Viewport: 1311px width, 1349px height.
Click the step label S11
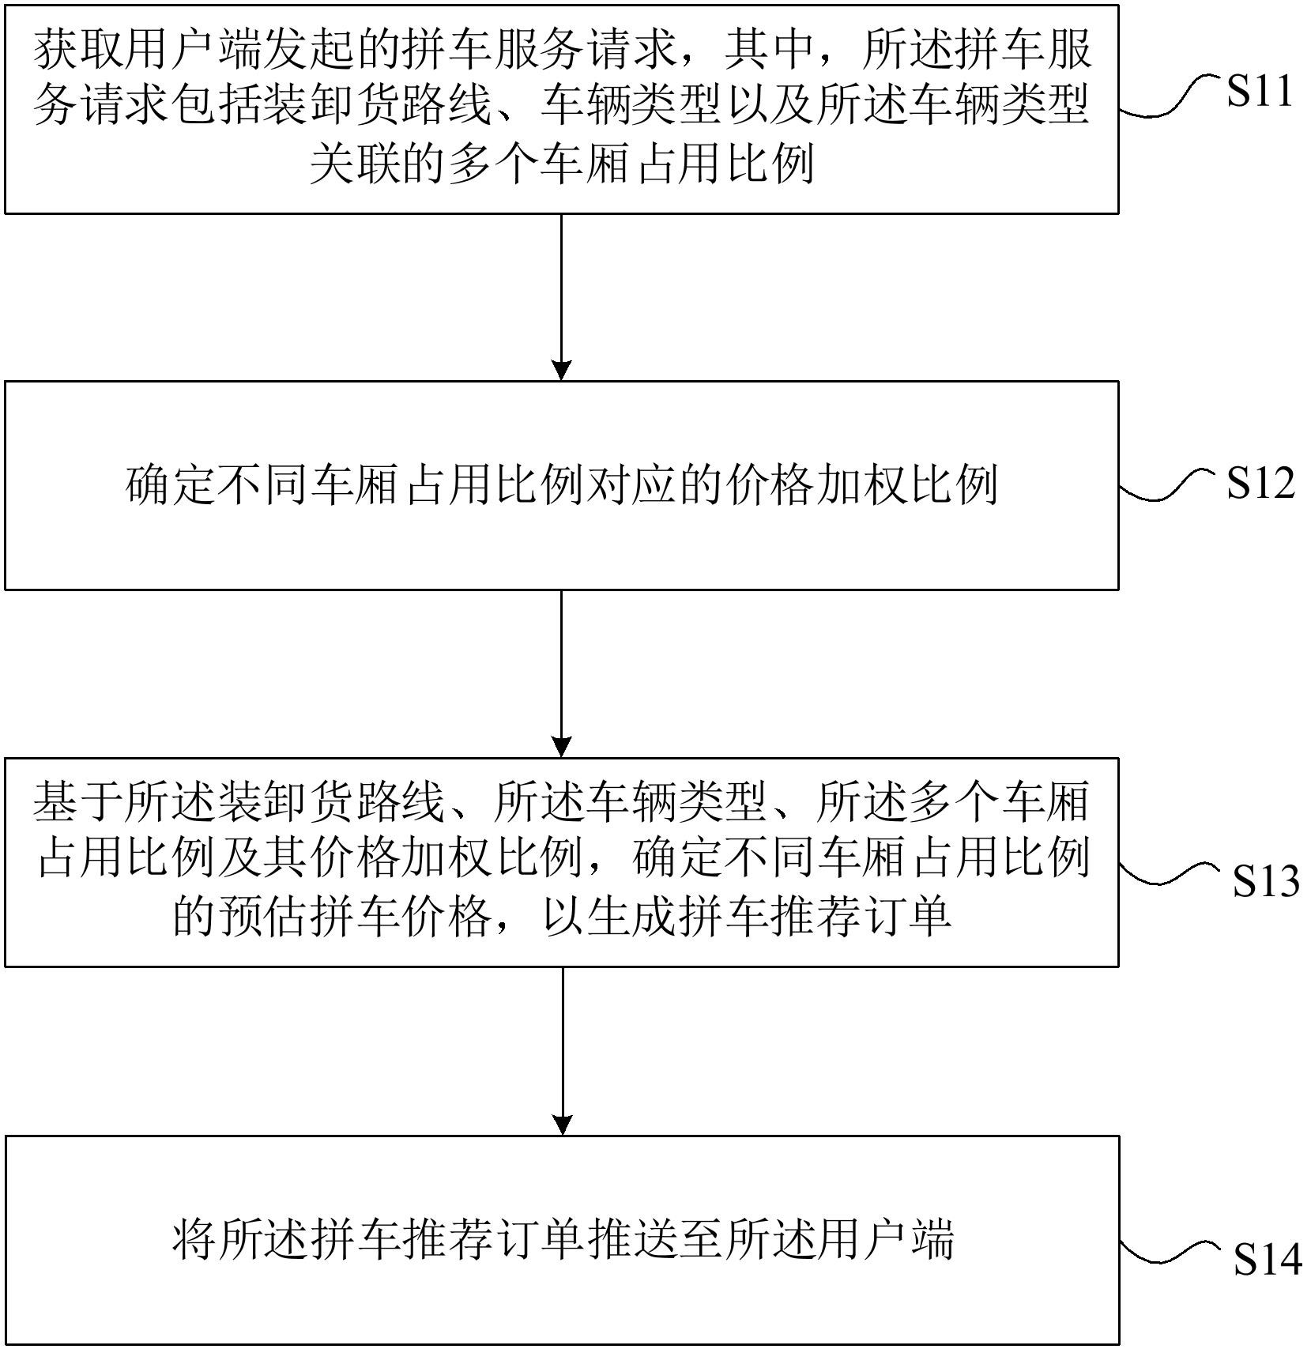click(x=1260, y=92)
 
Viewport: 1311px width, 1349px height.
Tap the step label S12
click(x=1260, y=483)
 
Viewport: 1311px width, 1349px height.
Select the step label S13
click(x=1265, y=881)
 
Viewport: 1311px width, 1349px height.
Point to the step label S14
click(x=1268, y=1260)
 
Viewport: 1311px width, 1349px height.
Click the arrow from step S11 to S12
click(x=561, y=297)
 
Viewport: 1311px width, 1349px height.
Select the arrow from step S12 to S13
click(x=561, y=674)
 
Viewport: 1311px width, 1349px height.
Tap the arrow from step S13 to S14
click(x=562, y=1051)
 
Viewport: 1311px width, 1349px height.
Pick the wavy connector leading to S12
click(x=1169, y=484)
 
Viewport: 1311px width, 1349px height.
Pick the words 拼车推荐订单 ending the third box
click(x=816, y=918)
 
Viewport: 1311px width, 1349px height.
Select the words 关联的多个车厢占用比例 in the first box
click(x=562, y=165)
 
